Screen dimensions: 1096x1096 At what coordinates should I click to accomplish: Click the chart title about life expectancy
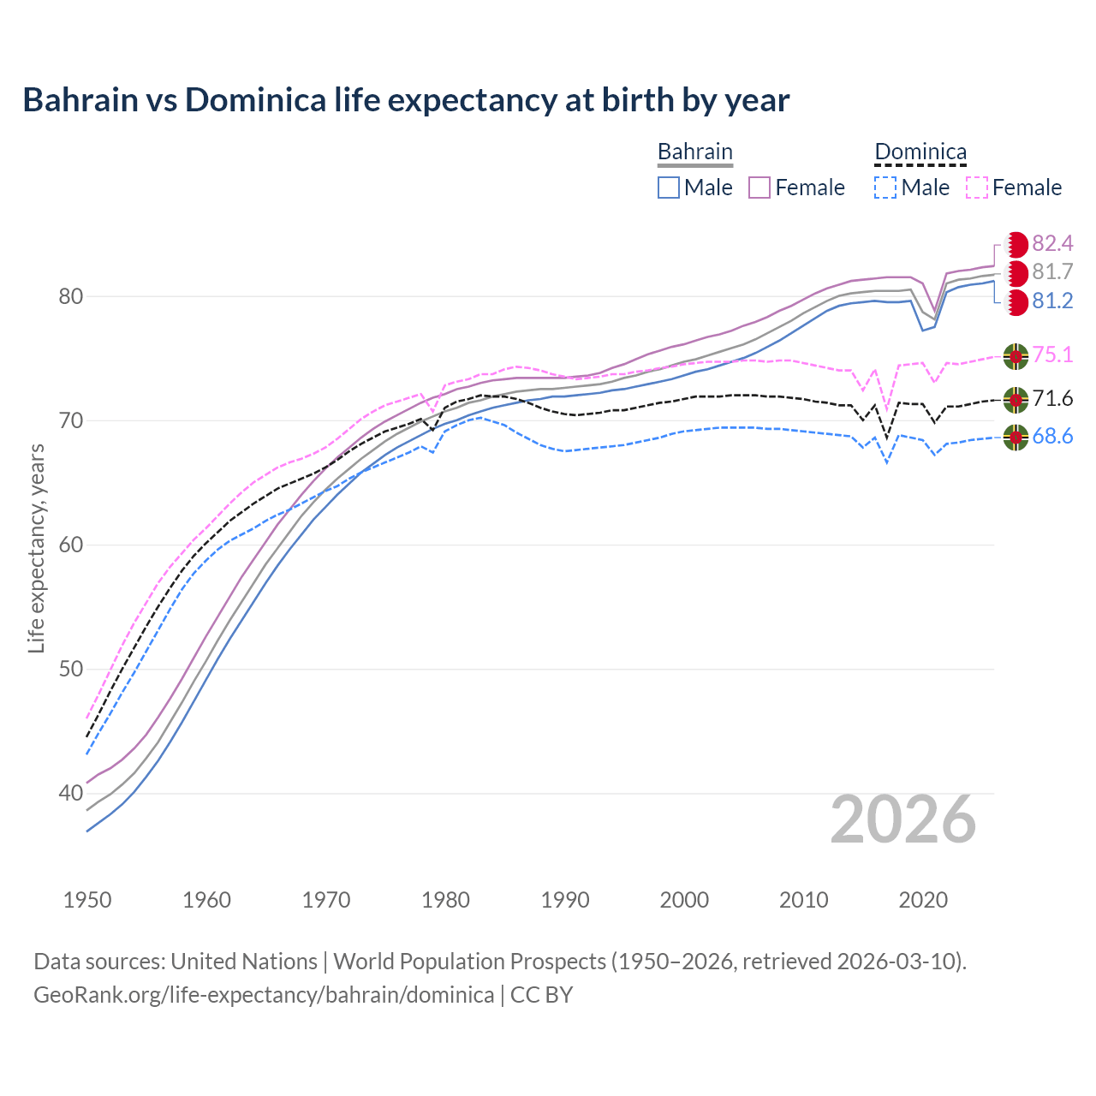pyautogui.click(x=406, y=100)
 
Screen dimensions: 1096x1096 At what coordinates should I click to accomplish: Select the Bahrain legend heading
pyautogui.click(x=694, y=152)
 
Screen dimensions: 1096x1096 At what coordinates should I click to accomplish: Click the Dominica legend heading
pyautogui.click(x=920, y=152)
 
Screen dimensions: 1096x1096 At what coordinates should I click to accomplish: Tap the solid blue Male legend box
pyautogui.click(x=669, y=188)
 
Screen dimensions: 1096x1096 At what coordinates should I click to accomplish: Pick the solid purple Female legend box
pyautogui.click(x=759, y=188)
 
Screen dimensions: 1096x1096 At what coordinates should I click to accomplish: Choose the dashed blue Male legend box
pyautogui.click(x=885, y=188)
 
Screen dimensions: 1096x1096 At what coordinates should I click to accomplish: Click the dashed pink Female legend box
pyautogui.click(x=977, y=188)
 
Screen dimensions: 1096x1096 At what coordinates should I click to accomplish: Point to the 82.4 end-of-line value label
pyautogui.click(x=1052, y=244)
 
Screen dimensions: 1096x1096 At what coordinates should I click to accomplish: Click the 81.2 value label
pyautogui.click(x=1052, y=301)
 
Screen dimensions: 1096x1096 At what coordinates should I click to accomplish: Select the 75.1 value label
pyautogui.click(x=1052, y=355)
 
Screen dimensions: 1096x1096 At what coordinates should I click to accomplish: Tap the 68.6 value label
pyautogui.click(x=1052, y=437)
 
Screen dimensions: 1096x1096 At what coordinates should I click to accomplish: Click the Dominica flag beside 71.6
pyautogui.click(x=1016, y=399)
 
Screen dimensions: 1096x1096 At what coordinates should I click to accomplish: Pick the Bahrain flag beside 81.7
pyautogui.click(x=1016, y=273)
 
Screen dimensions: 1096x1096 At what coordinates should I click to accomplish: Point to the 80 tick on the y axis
pyautogui.click(x=71, y=297)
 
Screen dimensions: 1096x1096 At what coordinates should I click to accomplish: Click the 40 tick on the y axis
pyautogui.click(x=71, y=794)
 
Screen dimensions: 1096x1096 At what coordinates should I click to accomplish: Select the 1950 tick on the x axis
pyautogui.click(x=87, y=900)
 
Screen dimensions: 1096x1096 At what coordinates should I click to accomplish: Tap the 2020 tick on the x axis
pyautogui.click(x=923, y=900)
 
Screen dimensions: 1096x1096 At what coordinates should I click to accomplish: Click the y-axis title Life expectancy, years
pyautogui.click(x=36, y=548)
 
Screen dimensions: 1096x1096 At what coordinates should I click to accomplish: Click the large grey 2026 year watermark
pyautogui.click(x=903, y=820)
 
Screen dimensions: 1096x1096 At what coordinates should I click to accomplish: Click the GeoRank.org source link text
pyautogui.click(x=264, y=995)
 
